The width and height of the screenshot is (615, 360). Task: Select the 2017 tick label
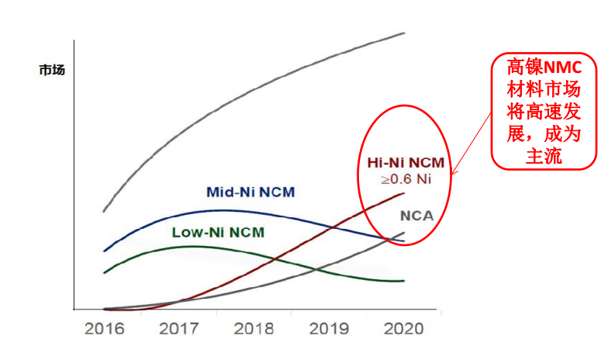[179, 328]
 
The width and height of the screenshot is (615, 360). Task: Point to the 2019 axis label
[329, 328]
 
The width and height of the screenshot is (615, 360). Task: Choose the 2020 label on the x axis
[403, 328]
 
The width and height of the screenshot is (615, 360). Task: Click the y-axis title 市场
[52, 70]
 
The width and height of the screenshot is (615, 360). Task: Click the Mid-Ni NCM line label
[250, 192]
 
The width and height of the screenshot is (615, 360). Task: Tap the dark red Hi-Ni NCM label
[406, 164]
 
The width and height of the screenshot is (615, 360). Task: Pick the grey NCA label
[416, 216]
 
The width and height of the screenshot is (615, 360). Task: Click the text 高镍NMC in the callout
[544, 66]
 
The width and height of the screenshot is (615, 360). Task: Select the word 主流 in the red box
[544, 155]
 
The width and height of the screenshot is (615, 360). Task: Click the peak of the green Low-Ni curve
[190, 246]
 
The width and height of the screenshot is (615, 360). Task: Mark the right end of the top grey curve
[405, 33]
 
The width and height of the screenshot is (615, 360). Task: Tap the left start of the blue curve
[104, 251]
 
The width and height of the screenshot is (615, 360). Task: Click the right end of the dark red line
[404, 193]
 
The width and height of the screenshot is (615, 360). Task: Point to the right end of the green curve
[404, 281]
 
